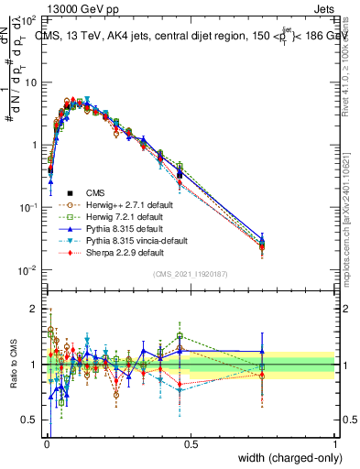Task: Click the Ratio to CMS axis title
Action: pyautogui.click(x=15, y=365)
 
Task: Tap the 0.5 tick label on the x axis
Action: pyautogui.click(x=191, y=443)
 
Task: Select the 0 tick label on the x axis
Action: pyautogui.click(x=47, y=443)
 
